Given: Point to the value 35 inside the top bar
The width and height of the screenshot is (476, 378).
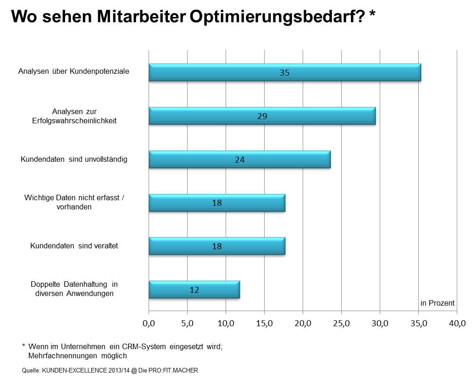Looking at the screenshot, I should pyautogui.click(x=284, y=72).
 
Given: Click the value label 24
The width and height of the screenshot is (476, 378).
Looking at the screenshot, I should pyautogui.click(x=239, y=160).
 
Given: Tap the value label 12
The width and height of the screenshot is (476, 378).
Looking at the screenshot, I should pyautogui.click(x=194, y=290).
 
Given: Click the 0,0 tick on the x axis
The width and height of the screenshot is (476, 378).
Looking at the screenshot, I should pyautogui.click(x=149, y=323).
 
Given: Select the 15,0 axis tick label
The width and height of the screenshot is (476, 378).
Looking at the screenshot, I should pyautogui.click(x=265, y=323).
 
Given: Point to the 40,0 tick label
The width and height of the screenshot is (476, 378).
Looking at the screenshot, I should pyautogui.click(x=457, y=323).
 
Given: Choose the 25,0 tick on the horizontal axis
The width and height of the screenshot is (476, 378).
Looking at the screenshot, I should pyautogui.click(x=342, y=323).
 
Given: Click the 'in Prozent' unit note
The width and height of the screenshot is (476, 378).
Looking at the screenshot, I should pyautogui.click(x=437, y=303).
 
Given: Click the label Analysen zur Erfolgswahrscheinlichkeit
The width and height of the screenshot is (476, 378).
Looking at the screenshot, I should pyautogui.click(x=74, y=116).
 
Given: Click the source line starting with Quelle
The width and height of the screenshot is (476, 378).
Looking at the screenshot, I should pyautogui.click(x=110, y=370).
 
